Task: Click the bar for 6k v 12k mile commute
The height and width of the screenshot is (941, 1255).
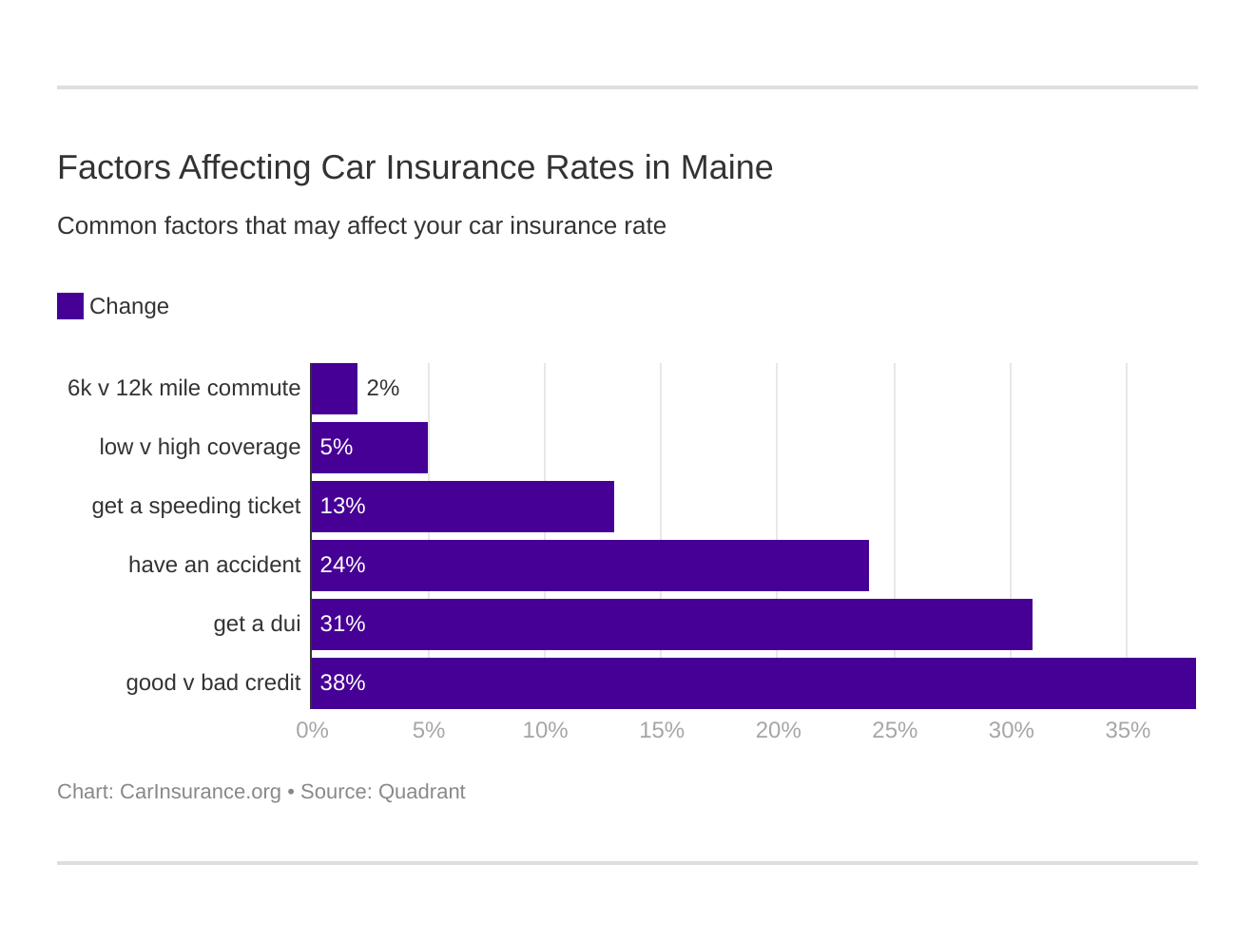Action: tap(335, 389)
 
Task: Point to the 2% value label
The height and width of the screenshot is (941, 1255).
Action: tap(382, 389)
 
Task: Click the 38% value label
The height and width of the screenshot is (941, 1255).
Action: tap(342, 683)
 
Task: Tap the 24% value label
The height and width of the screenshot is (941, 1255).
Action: tap(342, 566)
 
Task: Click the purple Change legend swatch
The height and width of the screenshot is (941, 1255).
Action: tap(70, 306)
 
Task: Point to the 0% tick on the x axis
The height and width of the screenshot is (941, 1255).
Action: tap(312, 730)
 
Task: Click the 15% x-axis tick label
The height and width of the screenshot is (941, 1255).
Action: tap(662, 730)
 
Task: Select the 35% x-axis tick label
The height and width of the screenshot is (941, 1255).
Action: tap(1128, 730)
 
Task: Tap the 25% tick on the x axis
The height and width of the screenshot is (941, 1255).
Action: tap(895, 730)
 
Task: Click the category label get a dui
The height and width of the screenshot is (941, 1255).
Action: tap(257, 624)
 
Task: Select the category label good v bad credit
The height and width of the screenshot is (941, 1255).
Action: tap(213, 683)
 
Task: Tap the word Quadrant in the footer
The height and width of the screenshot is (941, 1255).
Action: tap(421, 792)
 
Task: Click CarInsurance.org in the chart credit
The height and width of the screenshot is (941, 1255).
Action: tap(200, 792)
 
